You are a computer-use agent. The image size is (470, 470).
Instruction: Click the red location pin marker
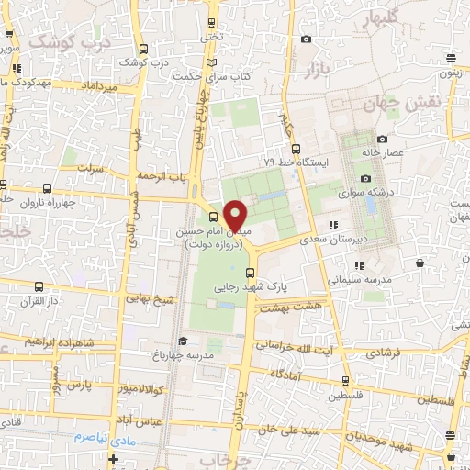click(x=236, y=216)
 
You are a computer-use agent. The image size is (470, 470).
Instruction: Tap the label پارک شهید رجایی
click(x=252, y=287)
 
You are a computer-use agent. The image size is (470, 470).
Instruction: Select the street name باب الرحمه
click(x=161, y=174)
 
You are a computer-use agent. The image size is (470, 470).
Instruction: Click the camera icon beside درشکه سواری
click(x=365, y=178)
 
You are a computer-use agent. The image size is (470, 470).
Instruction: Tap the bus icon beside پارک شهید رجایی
click(x=252, y=272)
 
